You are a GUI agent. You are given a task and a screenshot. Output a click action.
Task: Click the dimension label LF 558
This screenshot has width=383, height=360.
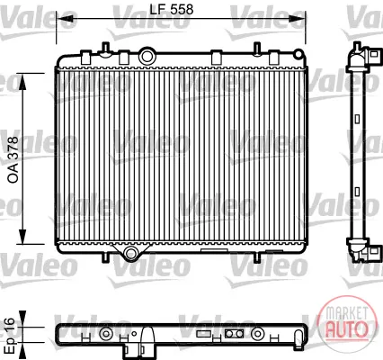[x=172, y=9]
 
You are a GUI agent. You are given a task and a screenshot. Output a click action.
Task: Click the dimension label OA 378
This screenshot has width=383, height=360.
[x=13, y=160]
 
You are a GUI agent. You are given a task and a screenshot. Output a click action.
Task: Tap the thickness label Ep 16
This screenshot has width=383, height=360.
[x=10, y=335]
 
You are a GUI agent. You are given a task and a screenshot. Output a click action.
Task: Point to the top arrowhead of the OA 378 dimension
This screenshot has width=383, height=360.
[x=22, y=81]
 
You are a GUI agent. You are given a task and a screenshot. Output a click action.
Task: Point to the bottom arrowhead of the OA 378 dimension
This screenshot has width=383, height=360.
[x=22, y=237]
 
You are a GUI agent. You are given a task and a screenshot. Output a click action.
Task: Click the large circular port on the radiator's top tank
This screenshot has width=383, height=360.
[x=147, y=56]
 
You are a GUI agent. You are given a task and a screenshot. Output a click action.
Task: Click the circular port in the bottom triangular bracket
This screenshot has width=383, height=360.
[x=131, y=253]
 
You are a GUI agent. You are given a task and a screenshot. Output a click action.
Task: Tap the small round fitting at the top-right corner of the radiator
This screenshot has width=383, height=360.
[x=298, y=54]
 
